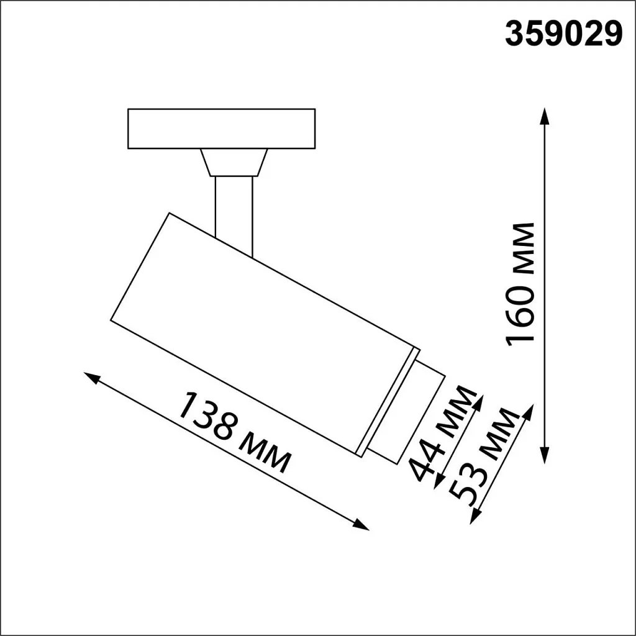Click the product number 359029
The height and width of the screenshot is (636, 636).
[x=563, y=35]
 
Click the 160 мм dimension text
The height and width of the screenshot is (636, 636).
[x=520, y=284]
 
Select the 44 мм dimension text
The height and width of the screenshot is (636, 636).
[x=443, y=434]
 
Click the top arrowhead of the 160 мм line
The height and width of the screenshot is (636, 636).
[x=545, y=113]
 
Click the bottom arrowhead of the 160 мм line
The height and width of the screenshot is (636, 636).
[x=545, y=458]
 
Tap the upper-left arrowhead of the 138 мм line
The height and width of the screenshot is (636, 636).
[x=91, y=376]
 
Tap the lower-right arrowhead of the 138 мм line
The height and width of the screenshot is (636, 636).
[x=363, y=526]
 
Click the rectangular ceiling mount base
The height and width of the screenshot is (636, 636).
[x=221, y=129]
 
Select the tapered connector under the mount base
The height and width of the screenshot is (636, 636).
[x=234, y=163]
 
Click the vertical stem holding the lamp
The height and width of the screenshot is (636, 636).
[x=234, y=211]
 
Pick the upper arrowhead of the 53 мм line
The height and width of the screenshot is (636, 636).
[x=530, y=411]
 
